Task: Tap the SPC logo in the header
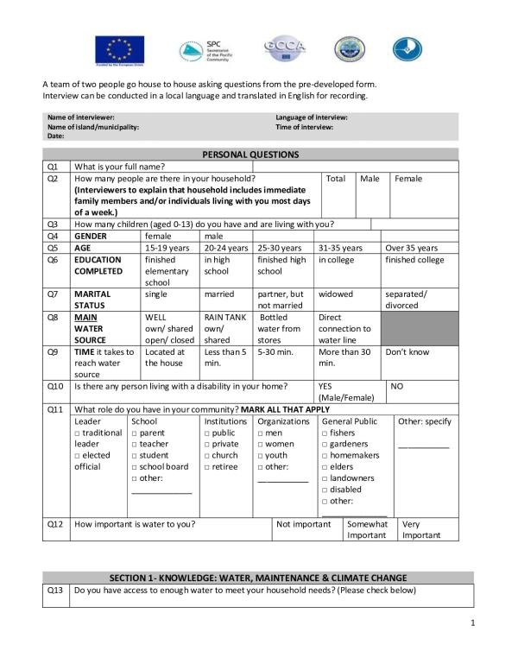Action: (x=205, y=51)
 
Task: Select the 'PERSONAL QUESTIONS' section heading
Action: (x=250, y=155)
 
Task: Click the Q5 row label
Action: (x=53, y=248)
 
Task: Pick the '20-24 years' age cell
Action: (x=226, y=248)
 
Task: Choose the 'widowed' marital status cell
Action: (x=336, y=294)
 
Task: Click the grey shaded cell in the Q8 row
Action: (x=417, y=328)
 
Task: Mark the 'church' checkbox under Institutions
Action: (x=207, y=456)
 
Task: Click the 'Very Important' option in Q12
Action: (x=422, y=529)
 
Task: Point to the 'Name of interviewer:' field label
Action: (x=79, y=117)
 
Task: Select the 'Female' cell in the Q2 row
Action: (x=408, y=179)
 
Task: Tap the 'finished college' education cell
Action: (x=414, y=260)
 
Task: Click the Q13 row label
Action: (x=53, y=591)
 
